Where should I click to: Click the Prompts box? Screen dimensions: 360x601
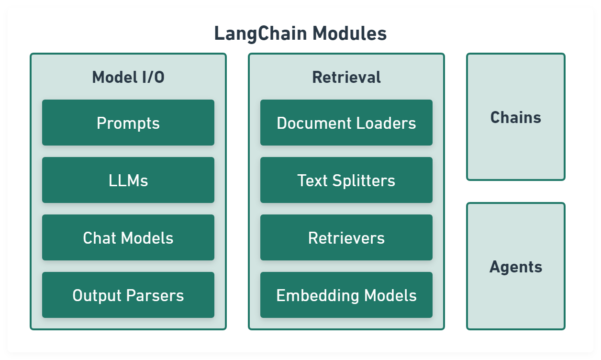coord(128,123)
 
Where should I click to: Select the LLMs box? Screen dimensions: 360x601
coord(128,180)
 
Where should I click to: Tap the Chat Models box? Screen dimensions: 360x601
coord(128,238)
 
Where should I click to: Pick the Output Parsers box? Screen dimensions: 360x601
coord(128,295)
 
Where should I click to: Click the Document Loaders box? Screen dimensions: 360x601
coord(346,123)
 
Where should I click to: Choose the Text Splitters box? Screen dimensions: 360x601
coord(346,180)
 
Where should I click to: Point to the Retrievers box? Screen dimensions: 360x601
coord(346,238)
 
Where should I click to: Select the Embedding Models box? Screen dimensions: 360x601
coord(346,295)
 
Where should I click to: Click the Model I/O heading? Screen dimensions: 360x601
coord(128,77)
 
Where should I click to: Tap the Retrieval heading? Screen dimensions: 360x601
coord(346,77)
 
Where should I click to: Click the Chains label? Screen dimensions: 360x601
coord(516,117)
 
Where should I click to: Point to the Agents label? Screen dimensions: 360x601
coord(516,267)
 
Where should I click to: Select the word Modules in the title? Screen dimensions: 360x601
coord(350,34)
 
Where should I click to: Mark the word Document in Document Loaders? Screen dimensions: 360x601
coord(314,123)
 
